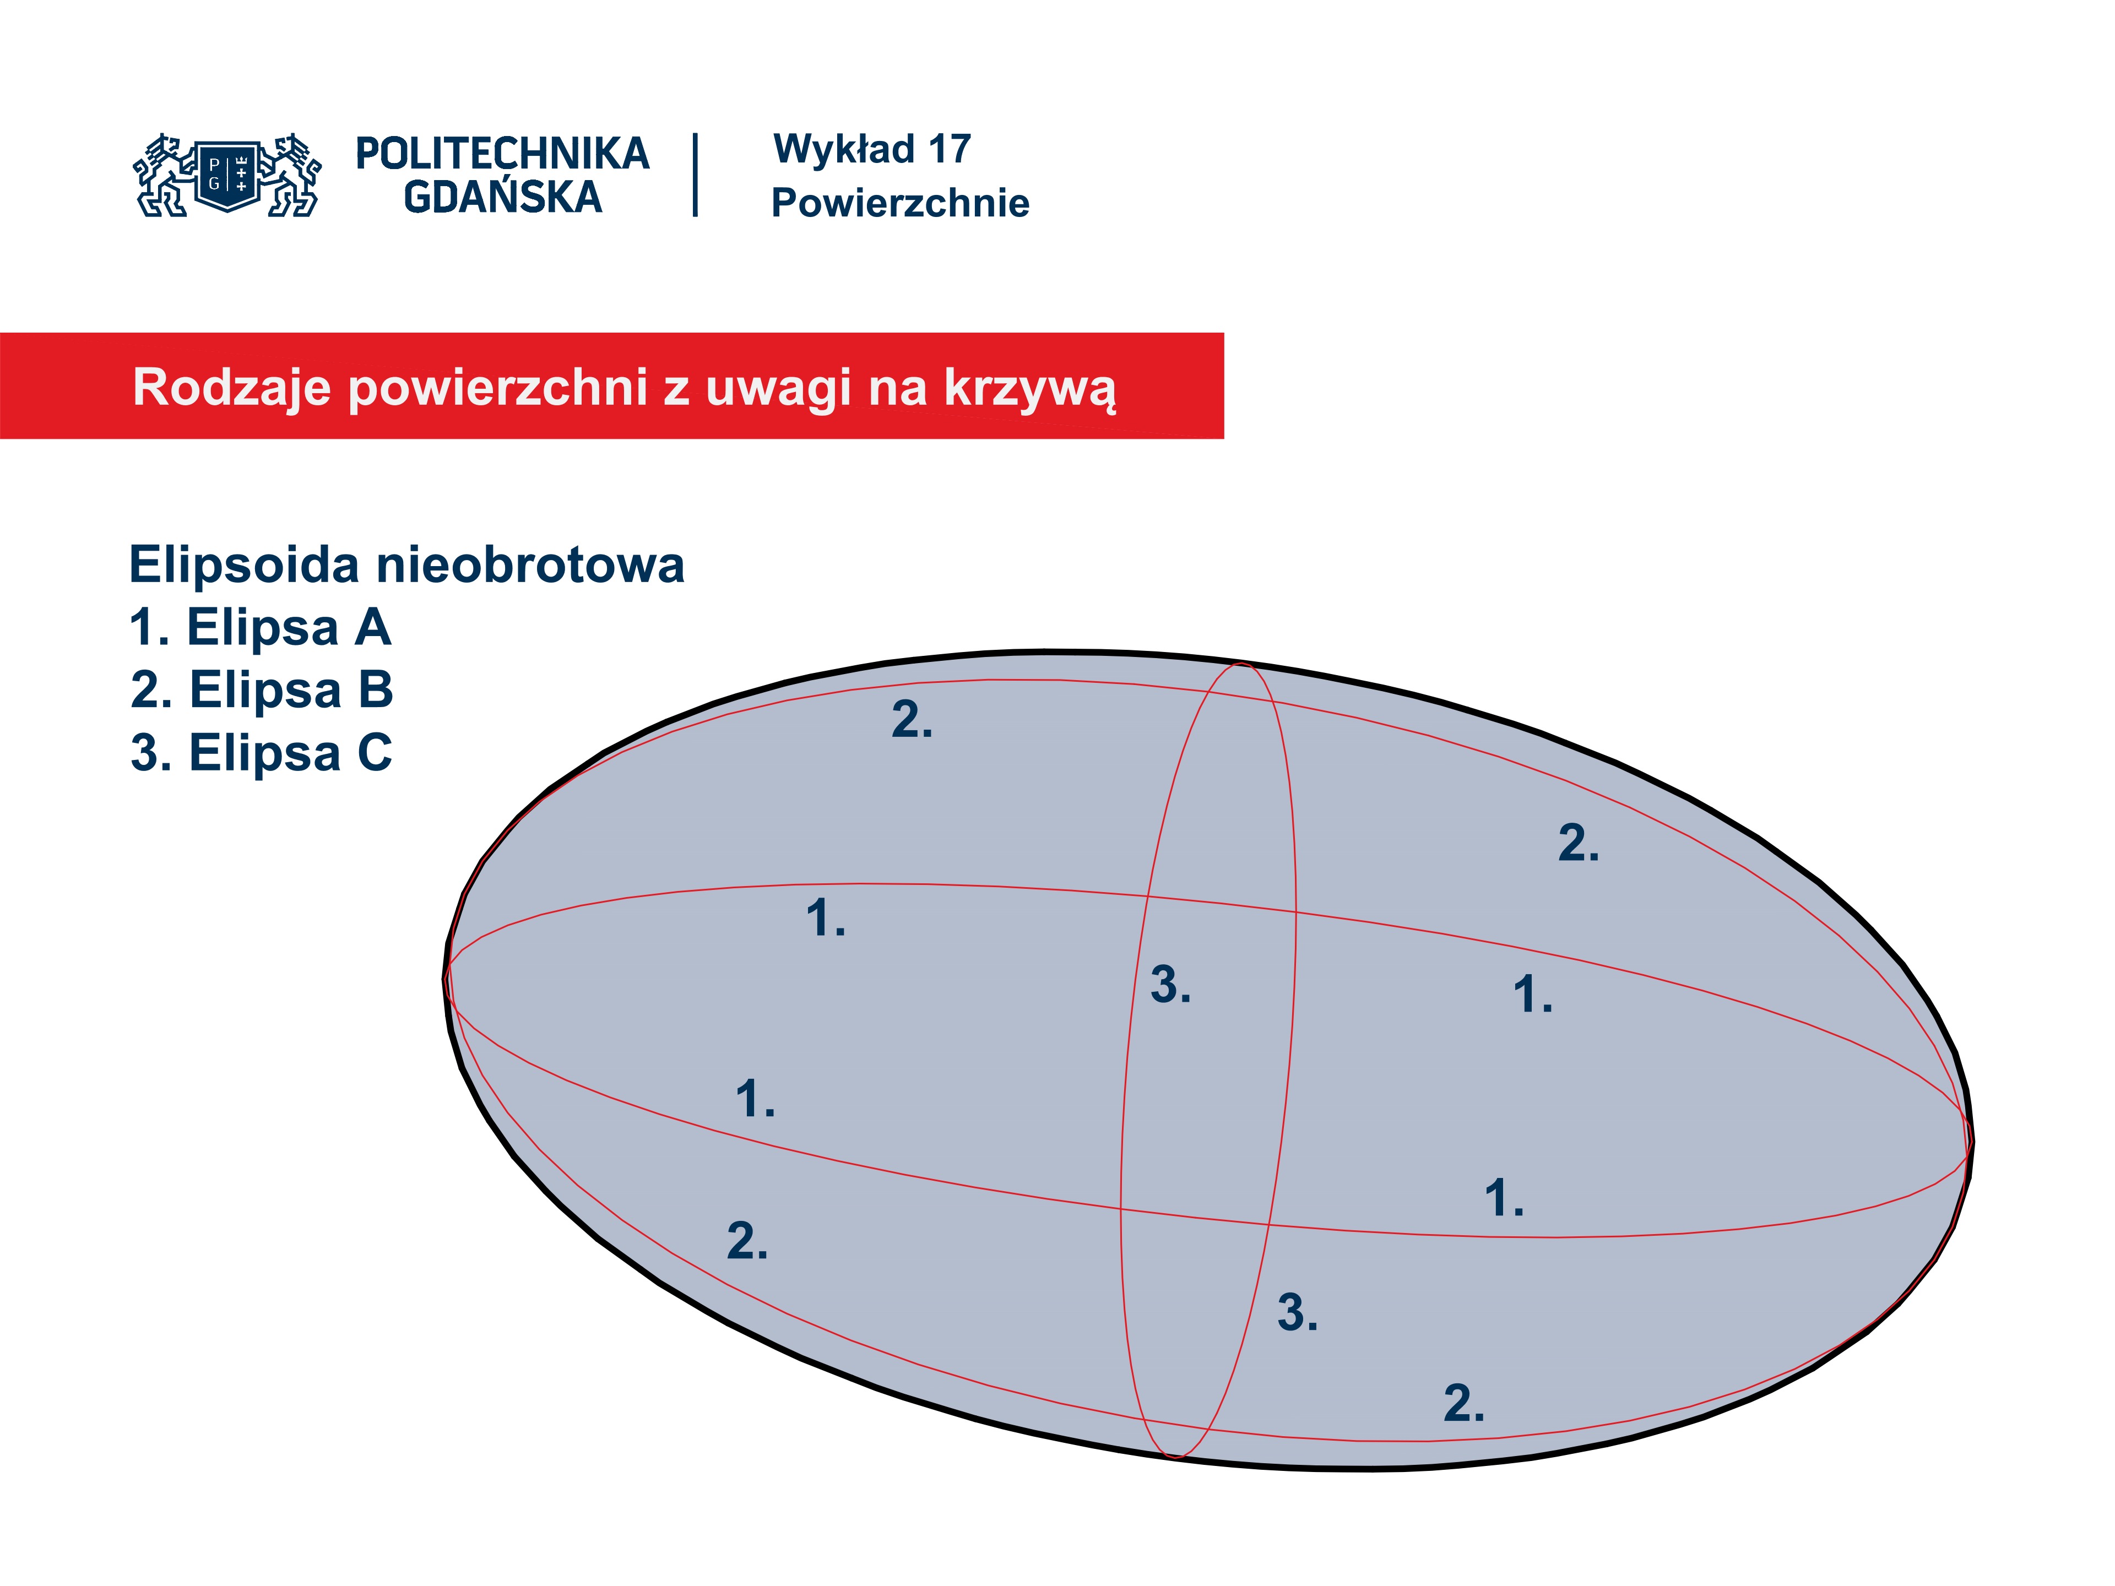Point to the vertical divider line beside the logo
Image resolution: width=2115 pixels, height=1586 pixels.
[695, 175]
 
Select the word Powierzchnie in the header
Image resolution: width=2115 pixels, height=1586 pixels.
[901, 203]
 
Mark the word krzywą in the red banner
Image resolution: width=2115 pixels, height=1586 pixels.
[1030, 390]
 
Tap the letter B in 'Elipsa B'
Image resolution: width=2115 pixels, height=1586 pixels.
[376, 690]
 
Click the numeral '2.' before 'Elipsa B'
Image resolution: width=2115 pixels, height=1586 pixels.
[152, 690]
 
